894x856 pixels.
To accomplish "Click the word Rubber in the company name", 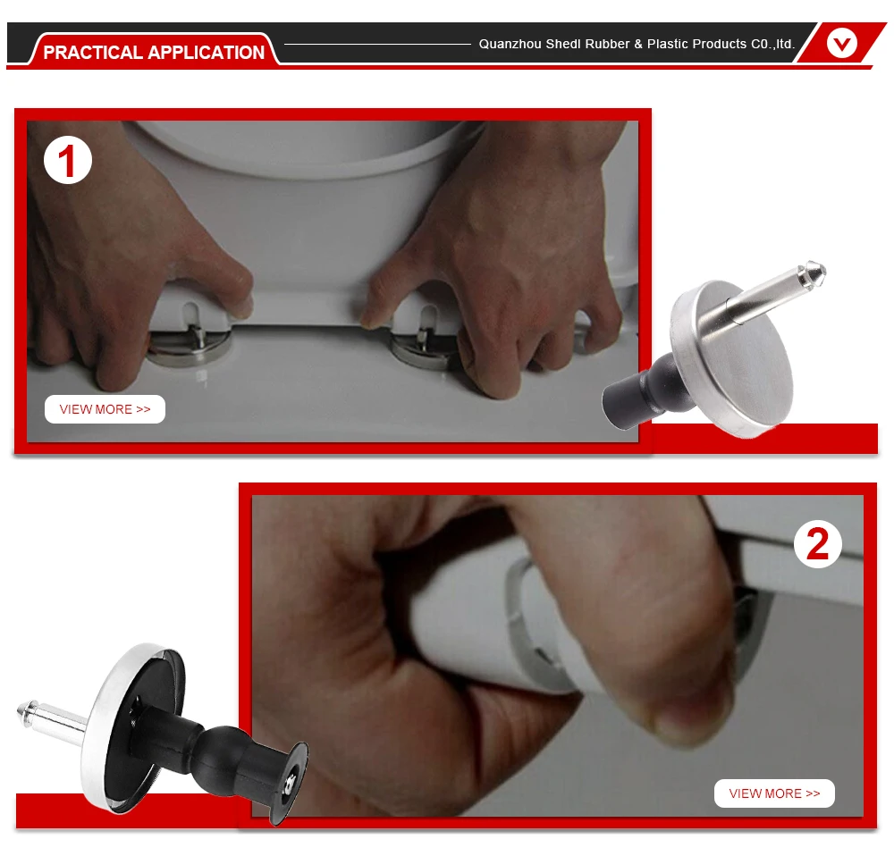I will click(x=606, y=44).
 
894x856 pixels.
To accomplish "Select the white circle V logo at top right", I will click(x=842, y=43).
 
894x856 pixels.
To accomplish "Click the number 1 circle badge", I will click(x=68, y=160).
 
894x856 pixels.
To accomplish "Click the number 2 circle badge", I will click(x=818, y=544).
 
